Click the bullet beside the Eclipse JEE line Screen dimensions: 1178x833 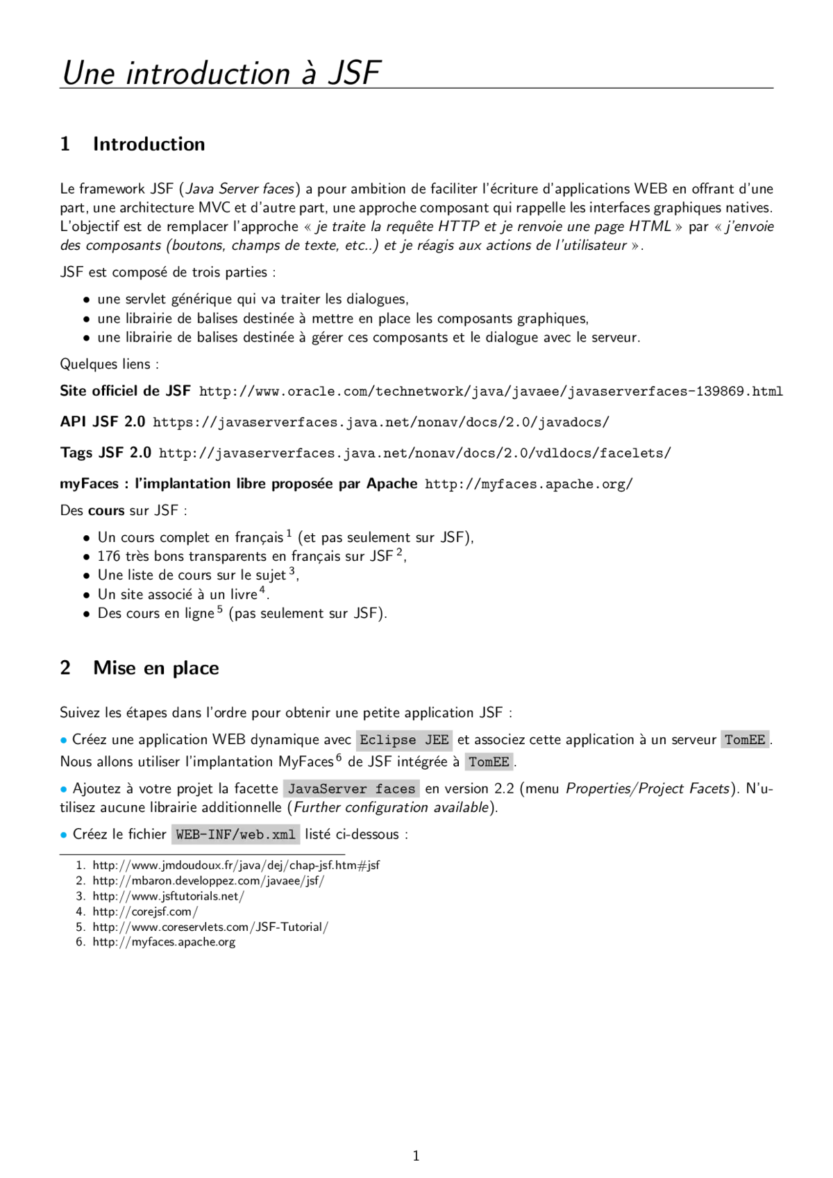point(61,739)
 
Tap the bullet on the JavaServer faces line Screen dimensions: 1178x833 point(61,789)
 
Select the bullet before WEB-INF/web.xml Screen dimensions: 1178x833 point(61,834)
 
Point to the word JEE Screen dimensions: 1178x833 point(437,740)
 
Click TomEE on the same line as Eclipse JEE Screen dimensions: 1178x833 point(744,740)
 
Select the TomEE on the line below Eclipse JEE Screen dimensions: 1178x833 point(489,762)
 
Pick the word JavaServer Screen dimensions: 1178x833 point(327,789)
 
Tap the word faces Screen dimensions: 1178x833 point(395,789)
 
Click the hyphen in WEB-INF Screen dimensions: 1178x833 point(203,834)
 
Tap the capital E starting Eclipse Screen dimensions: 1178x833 point(364,740)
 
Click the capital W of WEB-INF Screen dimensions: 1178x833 point(180,834)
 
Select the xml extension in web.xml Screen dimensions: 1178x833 point(283,834)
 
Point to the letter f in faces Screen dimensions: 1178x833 point(379,789)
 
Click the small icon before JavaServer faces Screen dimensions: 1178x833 point(280,790)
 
